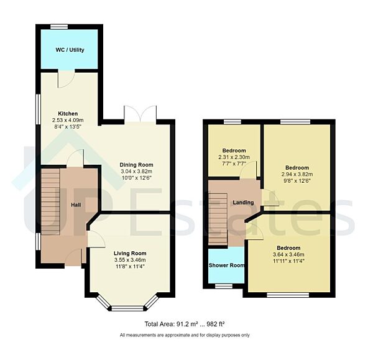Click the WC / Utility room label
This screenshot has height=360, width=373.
70,50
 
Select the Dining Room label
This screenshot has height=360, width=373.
136,165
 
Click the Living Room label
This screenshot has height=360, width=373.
130,253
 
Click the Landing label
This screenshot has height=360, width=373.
243,203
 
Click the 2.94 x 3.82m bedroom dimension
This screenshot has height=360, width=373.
297,175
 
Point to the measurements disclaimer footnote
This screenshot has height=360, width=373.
185,336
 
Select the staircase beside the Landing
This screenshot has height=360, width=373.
218,218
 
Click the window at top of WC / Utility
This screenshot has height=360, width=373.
60,26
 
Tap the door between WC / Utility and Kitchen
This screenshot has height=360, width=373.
63,80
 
